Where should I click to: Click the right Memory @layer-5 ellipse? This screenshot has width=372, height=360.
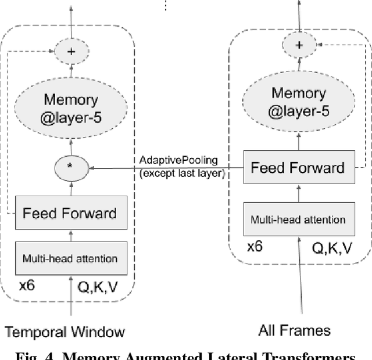(x=299, y=102)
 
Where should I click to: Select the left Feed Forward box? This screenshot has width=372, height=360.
(x=69, y=213)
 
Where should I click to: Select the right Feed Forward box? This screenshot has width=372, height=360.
(x=297, y=168)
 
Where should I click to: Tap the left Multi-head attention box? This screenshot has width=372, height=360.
(x=69, y=258)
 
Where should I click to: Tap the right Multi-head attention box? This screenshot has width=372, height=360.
(x=297, y=219)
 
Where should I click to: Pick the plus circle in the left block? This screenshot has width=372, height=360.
(x=71, y=51)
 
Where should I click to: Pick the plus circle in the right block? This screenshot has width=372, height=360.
(x=299, y=44)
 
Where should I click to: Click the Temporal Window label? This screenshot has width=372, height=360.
(x=65, y=332)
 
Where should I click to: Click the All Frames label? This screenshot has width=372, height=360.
(x=294, y=331)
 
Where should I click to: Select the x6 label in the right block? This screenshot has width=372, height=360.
(x=255, y=246)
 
